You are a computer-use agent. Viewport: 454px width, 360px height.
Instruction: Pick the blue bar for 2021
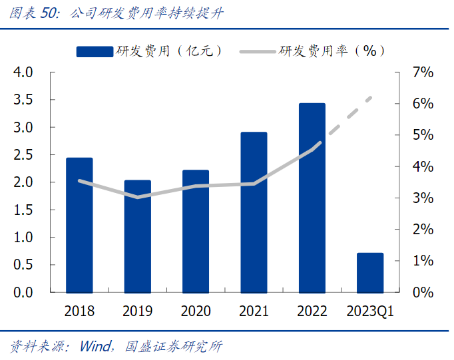pyautogui.click(x=254, y=212)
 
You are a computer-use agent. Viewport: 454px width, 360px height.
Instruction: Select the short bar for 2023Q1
pyautogui.click(x=370, y=272)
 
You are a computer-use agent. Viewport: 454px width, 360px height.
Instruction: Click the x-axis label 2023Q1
pyautogui.click(x=370, y=311)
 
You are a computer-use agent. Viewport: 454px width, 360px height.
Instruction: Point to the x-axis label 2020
pyautogui.click(x=195, y=311)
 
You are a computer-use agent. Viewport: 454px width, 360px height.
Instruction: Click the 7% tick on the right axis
pyautogui.click(x=423, y=72)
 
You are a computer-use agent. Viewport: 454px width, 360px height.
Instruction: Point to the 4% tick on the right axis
pyautogui.click(x=423, y=166)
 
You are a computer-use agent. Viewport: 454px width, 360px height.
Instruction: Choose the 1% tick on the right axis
pyautogui.click(x=423, y=261)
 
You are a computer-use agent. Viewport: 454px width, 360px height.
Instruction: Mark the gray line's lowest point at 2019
pyautogui.click(x=137, y=197)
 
